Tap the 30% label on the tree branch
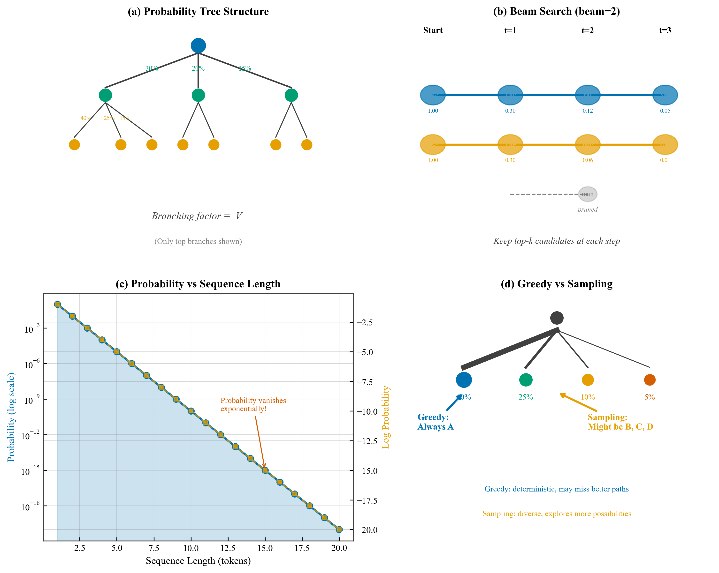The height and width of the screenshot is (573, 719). point(152,68)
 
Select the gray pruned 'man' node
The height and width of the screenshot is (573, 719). point(587,194)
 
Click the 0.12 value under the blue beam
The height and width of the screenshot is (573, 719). point(587,111)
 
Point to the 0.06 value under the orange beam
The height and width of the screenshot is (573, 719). point(587,160)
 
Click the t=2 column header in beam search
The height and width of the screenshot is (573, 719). point(587,30)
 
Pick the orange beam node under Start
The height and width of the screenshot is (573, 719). point(433,145)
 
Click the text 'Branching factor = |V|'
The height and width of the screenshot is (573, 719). point(198,216)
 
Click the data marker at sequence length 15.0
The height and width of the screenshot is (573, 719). point(265,470)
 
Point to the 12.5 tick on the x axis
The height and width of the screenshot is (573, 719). point(228,548)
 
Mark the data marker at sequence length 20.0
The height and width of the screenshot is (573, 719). point(339,529)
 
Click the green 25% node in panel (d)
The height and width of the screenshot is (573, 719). point(526,380)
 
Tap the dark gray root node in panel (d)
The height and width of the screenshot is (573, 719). point(557,318)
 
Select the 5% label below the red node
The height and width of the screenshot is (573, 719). point(649,397)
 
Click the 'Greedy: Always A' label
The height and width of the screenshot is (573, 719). point(435,422)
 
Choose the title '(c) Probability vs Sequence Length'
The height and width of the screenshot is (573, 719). point(198,284)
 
